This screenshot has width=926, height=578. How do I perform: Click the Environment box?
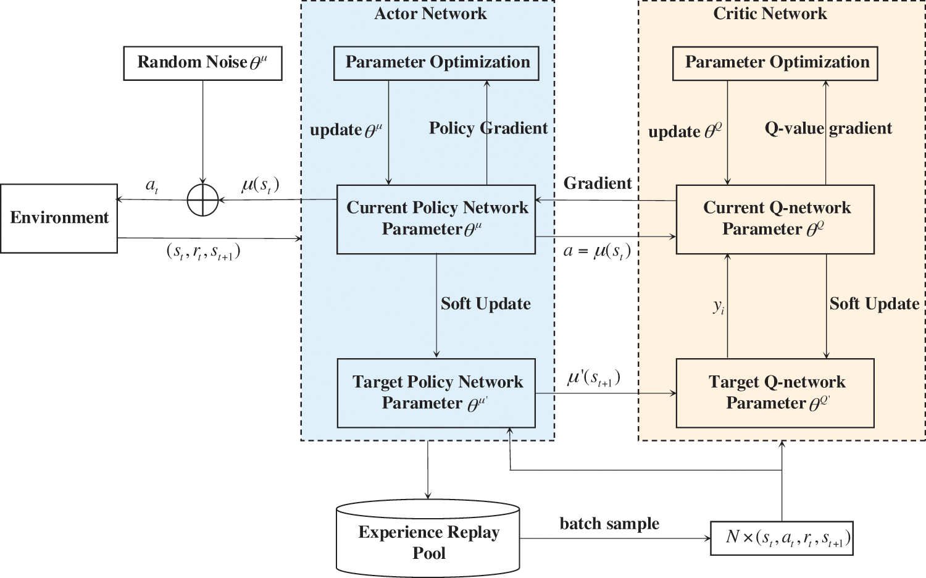(x=59, y=218)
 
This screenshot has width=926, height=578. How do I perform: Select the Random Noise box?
(x=202, y=63)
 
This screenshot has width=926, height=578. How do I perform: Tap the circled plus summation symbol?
(x=202, y=200)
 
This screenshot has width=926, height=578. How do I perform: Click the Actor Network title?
(x=430, y=14)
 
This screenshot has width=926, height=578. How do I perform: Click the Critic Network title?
(x=770, y=14)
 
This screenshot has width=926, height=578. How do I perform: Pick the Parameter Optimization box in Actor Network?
(x=436, y=63)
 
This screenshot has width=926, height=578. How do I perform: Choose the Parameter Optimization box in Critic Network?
(x=775, y=63)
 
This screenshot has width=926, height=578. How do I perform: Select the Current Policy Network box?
(x=436, y=219)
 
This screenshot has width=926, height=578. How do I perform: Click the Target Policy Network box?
(x=436, y=393)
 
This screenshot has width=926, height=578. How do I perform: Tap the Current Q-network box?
(x=775, y=219)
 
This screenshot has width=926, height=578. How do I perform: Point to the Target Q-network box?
(x=775, y=393)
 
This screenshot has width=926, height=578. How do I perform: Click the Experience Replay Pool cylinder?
(x=428, y=538)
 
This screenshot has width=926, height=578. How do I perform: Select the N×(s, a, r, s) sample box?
(x=782, y=538)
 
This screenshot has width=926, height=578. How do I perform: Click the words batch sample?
(x=609, y=524)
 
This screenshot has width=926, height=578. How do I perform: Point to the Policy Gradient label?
(x=488, y=128)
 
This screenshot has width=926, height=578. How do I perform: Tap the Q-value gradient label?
(x=828, y=128)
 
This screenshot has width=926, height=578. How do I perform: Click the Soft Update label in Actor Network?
(x=486, y=304)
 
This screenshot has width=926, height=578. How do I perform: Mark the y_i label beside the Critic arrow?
(x=719, y=306)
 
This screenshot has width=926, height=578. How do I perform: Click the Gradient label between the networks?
(x=598, y=183)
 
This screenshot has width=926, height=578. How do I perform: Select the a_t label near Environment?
(x=152, y=185)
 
